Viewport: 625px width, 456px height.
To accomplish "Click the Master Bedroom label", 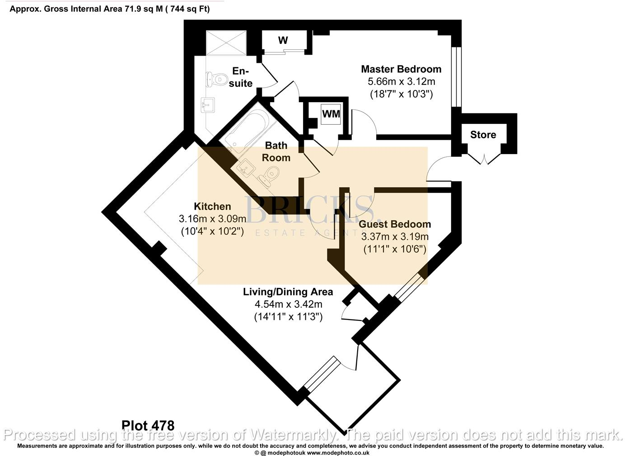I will (401, 69).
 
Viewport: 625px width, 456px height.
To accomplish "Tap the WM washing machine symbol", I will (331, 114).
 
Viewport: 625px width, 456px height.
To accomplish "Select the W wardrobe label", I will (283, 41).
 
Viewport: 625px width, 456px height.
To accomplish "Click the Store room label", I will (483, 135).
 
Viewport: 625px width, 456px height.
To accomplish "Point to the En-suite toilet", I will (215, 80).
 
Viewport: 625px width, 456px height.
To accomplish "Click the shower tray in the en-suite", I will (226, 42).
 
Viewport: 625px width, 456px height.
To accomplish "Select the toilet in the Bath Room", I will (269, 174).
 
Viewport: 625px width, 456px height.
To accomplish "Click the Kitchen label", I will (212, 207).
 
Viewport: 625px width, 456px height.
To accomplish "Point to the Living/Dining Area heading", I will (288, 292).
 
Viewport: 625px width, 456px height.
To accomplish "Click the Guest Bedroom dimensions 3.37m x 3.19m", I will (395, 237).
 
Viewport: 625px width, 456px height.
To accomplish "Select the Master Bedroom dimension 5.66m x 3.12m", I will (401, 82).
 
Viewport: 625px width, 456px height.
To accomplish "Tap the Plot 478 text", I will (148, 425).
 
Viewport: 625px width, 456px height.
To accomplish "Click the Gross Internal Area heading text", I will (110, 9).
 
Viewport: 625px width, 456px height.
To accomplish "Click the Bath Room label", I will (276, 151).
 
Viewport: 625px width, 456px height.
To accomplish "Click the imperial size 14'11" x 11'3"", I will (288, 317).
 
